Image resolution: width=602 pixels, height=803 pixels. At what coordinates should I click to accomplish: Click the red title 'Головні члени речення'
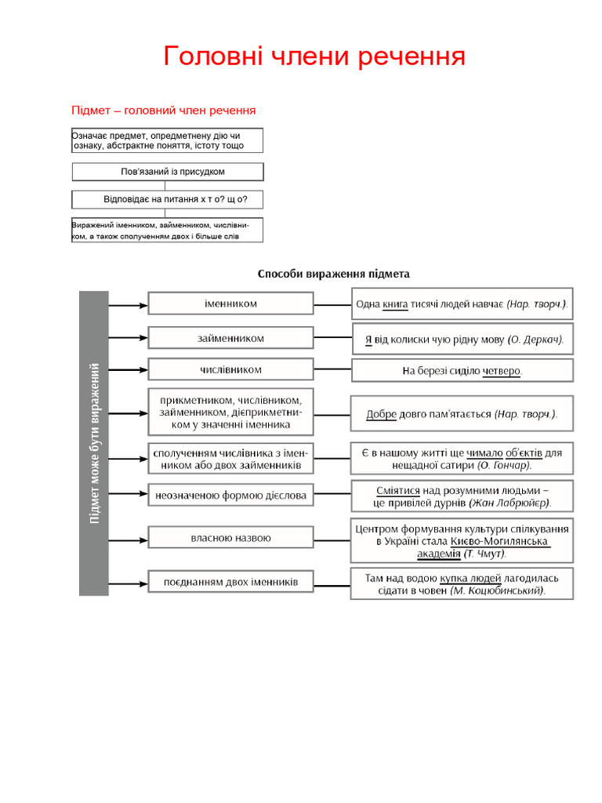(314, 56)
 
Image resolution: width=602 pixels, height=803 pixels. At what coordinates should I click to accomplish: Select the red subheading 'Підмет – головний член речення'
(163, 111)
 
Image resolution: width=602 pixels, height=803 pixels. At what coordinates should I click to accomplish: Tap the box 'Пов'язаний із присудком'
(168, 172)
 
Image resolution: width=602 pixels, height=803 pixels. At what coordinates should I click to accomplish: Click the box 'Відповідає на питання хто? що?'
(168, 199)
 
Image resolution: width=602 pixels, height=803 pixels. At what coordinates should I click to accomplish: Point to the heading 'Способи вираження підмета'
(334, 274)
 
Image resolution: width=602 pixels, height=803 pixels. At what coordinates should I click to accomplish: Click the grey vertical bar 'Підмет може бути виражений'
(94, 442)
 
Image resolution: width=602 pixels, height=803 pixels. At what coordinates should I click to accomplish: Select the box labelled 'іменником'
(230, 303)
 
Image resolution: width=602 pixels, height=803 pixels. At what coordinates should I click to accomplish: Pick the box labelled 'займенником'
(230, 338)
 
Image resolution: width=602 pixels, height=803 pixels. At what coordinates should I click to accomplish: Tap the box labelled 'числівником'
(230, 369)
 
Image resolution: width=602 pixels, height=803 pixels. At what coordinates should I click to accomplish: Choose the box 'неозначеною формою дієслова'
(230, 495)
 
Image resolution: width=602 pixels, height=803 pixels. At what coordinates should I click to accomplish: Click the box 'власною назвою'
(230, 538)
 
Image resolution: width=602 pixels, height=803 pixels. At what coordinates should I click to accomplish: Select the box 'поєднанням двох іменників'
(230, 582)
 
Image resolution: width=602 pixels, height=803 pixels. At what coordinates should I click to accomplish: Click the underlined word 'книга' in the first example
(395, 303)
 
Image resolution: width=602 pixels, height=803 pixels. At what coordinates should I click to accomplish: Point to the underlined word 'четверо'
(501, 371)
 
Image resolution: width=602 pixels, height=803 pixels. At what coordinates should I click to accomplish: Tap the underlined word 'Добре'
(382, 414)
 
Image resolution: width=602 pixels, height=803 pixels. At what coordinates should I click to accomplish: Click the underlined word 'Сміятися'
(399, 489)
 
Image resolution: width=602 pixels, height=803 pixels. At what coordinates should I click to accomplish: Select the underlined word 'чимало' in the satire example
(484, 452)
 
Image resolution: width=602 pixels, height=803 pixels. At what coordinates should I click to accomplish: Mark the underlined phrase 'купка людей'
(470, 577)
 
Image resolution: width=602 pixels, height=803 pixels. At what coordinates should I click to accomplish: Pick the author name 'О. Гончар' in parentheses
(504, 465)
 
